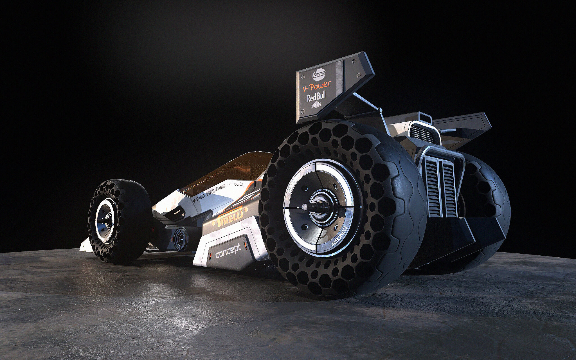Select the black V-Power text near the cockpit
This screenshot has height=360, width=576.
point(236,184)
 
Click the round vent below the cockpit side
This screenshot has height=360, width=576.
point(179,240)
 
